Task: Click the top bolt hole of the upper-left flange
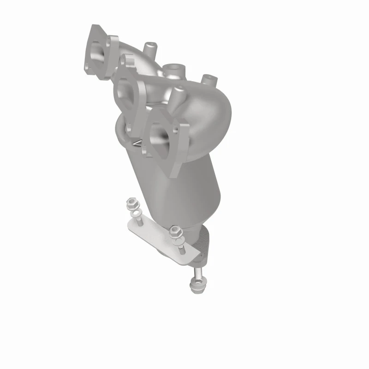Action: [111, 41]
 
